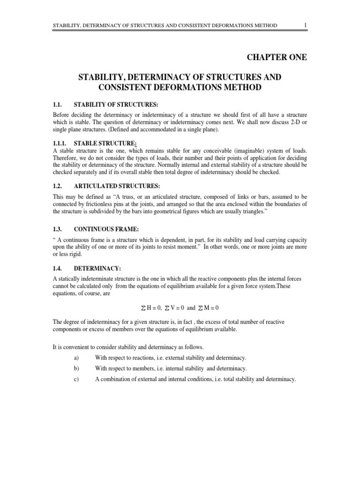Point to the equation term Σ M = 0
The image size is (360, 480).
213,308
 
